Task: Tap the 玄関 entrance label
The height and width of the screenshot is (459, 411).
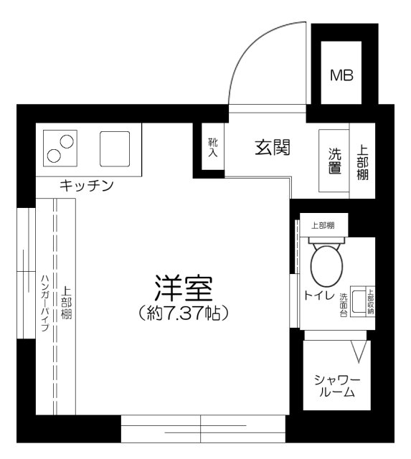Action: [x=273, y=148]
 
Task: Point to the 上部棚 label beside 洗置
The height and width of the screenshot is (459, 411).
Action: [x=363, y=163]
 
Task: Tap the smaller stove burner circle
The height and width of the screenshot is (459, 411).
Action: [x=54, y=155]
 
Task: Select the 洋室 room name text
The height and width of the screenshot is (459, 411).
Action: [x=182, y=288]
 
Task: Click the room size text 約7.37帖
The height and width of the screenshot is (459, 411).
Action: [x=182, y=313]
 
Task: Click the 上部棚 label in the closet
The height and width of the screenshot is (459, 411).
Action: [x=65, y=303]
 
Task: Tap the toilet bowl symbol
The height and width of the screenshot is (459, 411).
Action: [x=326, y=265]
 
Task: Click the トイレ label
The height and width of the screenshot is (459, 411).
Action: [x=316, y=295]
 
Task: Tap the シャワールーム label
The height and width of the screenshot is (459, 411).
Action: [x=334, y=385]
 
